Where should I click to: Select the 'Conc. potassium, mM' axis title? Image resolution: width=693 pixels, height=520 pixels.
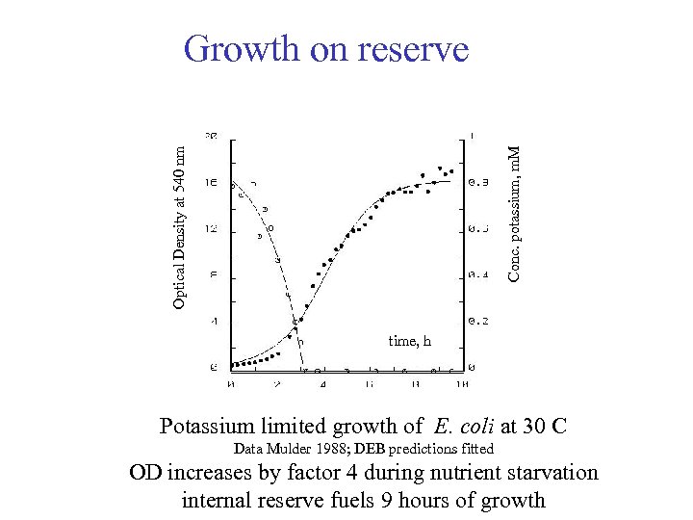[x=514, y=214]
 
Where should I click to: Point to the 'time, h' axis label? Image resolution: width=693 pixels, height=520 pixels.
[x=409, y=341]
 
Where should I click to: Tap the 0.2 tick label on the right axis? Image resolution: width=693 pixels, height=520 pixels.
[x=477, y=321]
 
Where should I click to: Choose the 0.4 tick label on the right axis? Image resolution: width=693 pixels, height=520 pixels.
[x=477, y=274]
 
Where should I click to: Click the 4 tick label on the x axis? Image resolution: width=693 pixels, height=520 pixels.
[x=322, y=385]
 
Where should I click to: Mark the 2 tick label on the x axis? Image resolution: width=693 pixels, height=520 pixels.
[x=276, y=385]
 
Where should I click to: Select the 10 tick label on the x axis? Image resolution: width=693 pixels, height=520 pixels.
[x=462, y=385]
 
